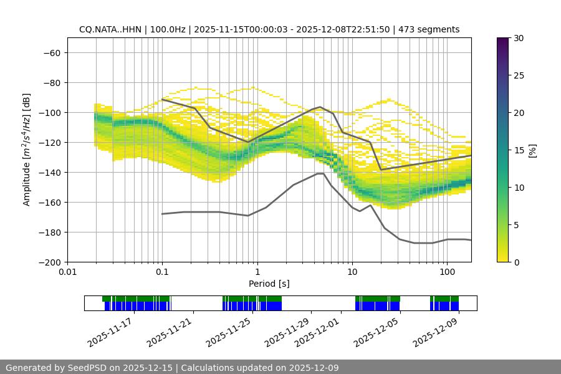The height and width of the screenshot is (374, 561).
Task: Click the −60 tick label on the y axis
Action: point(52,52)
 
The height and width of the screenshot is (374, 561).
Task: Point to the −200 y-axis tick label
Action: point(50,262)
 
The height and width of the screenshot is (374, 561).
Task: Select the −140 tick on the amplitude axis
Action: point(50,172)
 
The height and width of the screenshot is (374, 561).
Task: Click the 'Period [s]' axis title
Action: point(269,284)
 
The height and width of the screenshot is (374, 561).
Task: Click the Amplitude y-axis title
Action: point(27,150)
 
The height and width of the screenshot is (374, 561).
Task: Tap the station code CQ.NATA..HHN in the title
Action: point(108,29)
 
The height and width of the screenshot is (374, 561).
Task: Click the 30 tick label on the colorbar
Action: point(518,38)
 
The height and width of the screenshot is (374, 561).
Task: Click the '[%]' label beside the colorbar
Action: point(532,150)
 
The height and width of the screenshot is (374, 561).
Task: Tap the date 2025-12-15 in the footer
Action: point(148,368)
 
